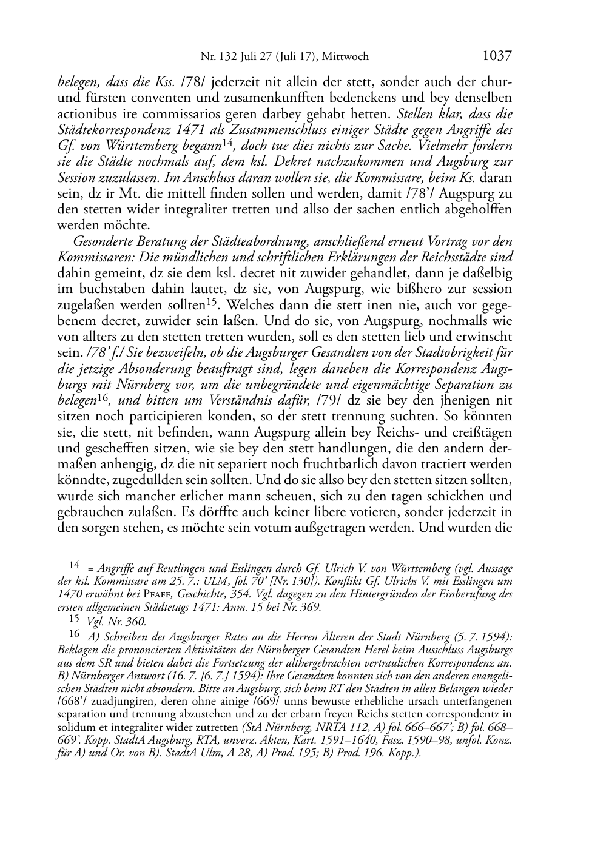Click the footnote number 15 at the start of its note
pos(75,619)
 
